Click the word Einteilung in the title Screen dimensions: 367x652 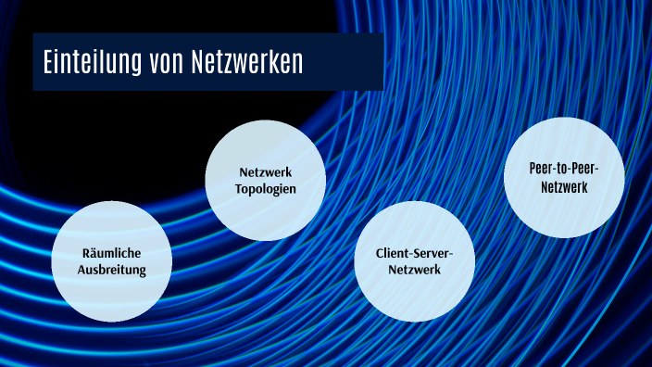94,63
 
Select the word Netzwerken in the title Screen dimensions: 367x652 247,63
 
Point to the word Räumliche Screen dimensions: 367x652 111,253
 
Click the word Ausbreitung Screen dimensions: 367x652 111,271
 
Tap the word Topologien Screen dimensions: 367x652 265,189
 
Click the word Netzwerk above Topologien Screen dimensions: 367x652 265,172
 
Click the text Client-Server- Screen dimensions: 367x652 414,252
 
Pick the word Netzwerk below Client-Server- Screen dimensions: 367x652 414,270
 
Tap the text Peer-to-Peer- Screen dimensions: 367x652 563,169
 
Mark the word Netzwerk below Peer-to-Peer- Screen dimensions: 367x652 563,186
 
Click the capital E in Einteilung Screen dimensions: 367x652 48,63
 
